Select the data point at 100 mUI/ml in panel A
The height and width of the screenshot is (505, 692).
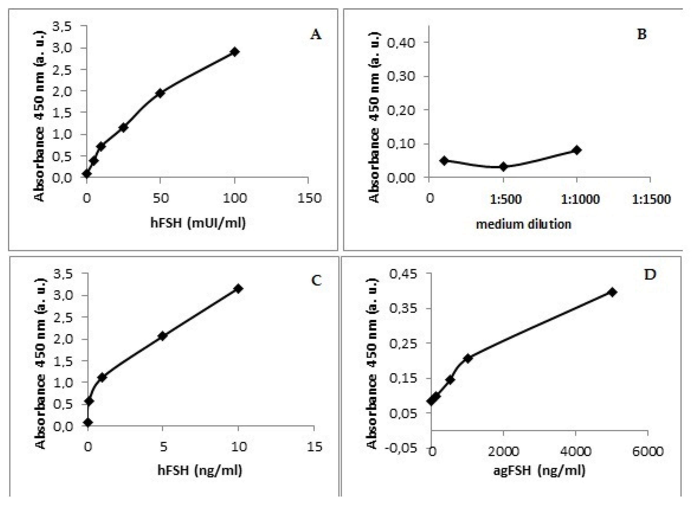click(235, 52)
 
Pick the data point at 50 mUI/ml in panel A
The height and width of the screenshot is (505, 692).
click(160, 93)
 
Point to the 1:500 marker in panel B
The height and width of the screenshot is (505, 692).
click(503, 167)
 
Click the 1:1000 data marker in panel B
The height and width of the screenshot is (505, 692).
click(577, 150)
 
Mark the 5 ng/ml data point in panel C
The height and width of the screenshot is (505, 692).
click(163, 336)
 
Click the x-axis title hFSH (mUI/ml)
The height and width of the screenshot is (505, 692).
click(198, 223)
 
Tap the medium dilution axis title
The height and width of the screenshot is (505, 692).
click(524, 224)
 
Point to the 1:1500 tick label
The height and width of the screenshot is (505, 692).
click(651, 199)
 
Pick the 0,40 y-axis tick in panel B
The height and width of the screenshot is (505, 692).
click(405, 42)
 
